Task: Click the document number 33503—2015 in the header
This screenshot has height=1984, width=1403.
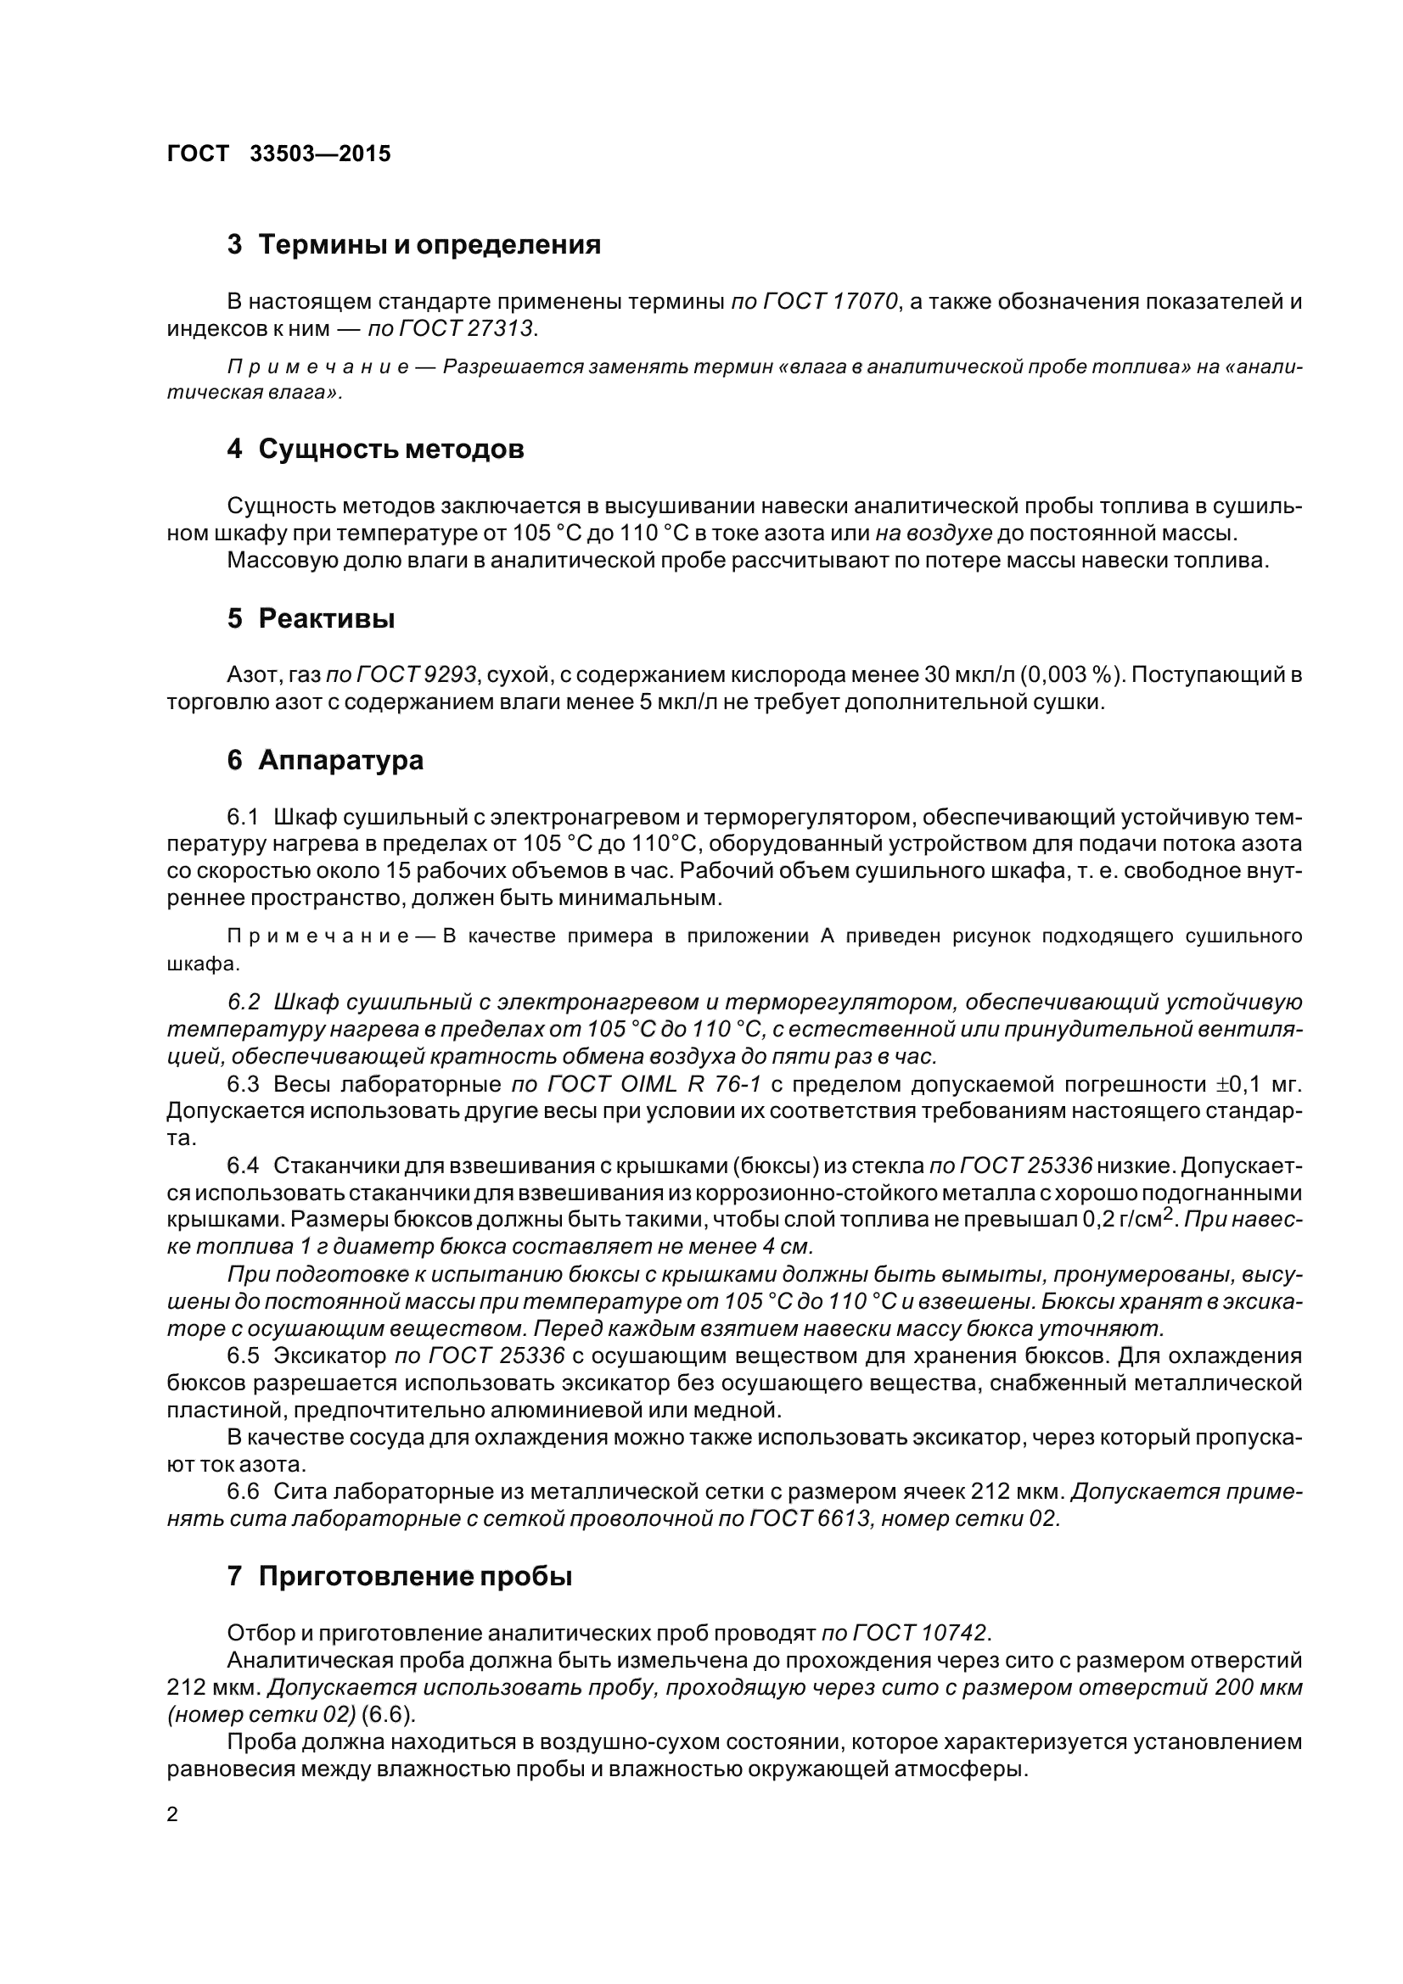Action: (320, 154)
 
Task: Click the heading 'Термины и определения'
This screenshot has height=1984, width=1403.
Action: (429, 244)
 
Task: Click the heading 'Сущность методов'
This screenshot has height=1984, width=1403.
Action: (390, 450)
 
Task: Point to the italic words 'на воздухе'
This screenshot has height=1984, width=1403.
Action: (934, 534)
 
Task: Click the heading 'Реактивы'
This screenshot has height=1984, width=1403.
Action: (327, 618)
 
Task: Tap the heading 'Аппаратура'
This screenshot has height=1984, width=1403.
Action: (340, 760)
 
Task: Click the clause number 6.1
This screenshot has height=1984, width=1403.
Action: (243, 817)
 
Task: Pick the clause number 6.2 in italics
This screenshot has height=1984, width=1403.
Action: (243, 1002)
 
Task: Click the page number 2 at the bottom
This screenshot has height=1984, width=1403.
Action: (172, 1814)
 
